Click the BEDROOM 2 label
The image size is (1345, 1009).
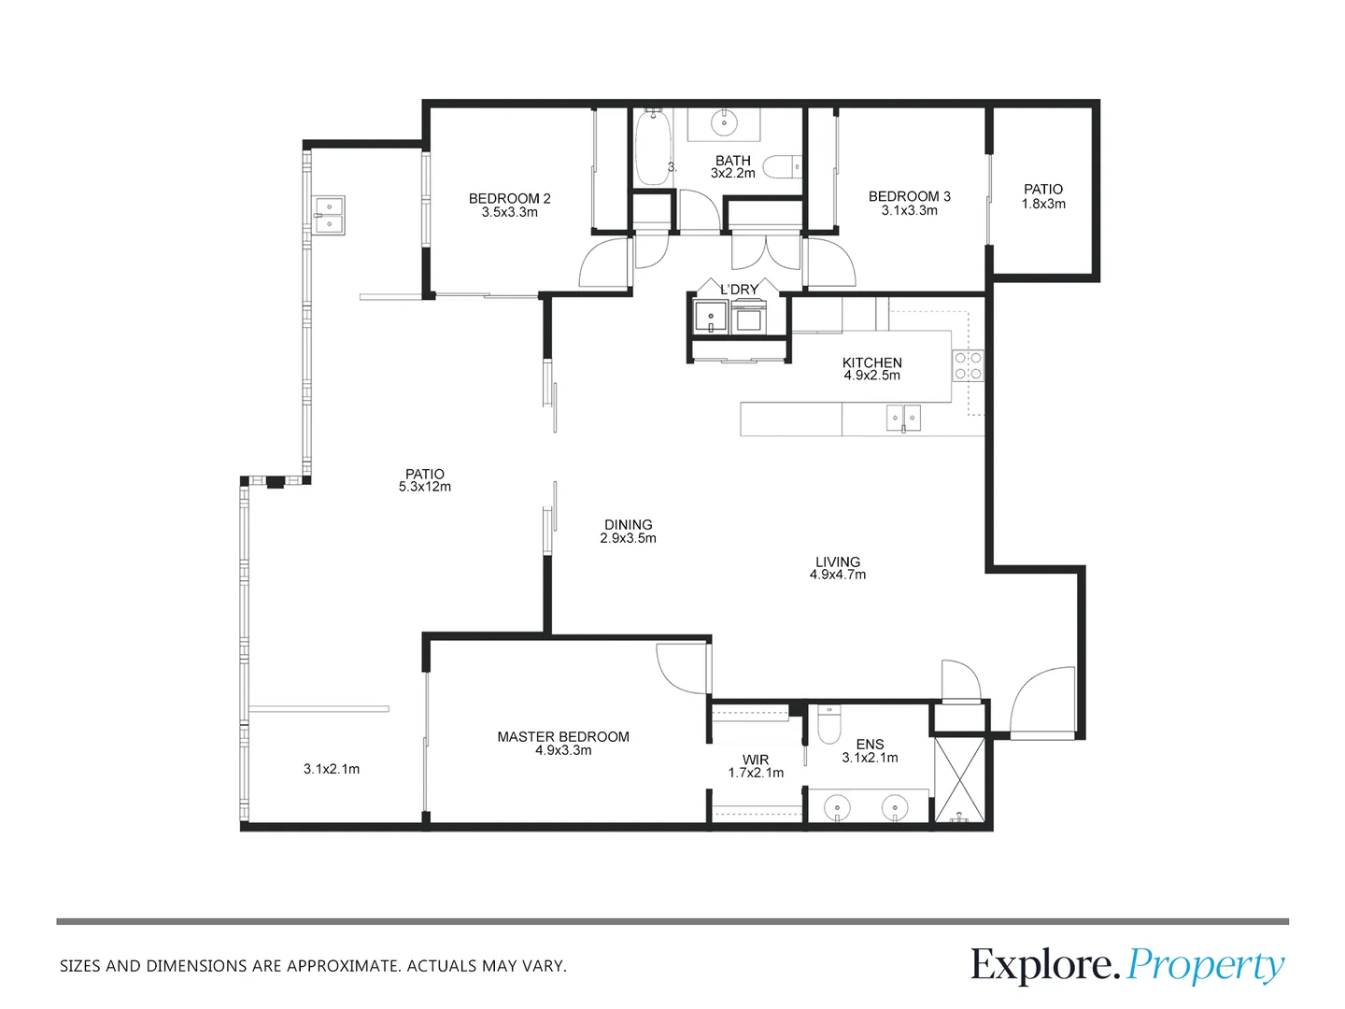(509, 198)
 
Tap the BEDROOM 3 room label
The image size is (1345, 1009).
(910, 196)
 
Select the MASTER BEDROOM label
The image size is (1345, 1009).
(563, 737)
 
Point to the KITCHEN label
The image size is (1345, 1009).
(872, 362)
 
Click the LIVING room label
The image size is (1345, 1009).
(838, 561)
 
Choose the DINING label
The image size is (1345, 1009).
(628, 525)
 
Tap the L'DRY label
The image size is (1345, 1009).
(739, 290)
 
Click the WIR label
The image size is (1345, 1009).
(756, 760)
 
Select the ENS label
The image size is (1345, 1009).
(871, 745)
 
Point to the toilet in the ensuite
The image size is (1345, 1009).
(829, 725)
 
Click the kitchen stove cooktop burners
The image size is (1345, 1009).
(968, 365)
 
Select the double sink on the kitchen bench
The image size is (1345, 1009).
(903, 418)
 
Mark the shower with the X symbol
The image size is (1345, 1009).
(959, 780)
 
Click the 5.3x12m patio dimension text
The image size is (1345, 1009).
(425, 487)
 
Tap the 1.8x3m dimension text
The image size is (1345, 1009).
(1043, 204)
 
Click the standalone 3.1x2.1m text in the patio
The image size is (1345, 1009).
(332, 769)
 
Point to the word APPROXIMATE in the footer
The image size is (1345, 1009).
(345, 966)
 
